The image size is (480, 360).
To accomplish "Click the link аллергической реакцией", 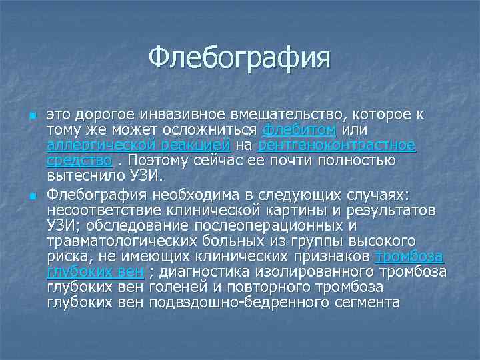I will click(x=139, y=144).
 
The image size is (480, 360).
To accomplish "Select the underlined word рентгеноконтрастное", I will click(x=336, y=144).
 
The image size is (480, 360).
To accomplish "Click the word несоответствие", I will click(x=106, y=209).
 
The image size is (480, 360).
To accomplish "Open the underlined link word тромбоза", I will click(x=409, y=257).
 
